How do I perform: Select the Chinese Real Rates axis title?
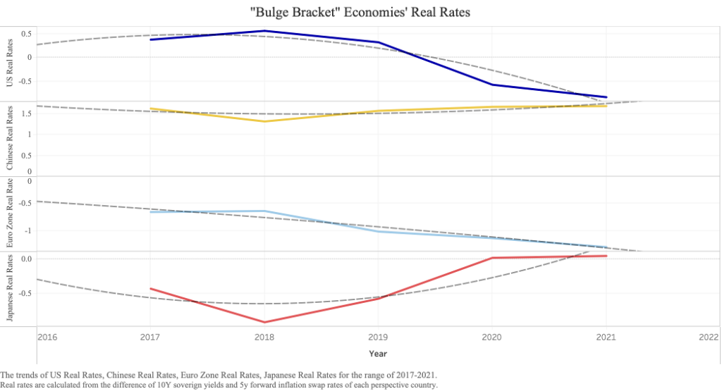click(x=10, y=137)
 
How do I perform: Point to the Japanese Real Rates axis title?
click(x=10, y=288)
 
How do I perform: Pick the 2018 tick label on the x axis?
click(x=264, y=337)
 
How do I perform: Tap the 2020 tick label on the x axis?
click(x=492, y=337)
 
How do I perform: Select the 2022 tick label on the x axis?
click(x=708, y=337)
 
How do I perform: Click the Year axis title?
click(x=378, y=353)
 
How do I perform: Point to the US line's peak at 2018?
click(x=264, y=31)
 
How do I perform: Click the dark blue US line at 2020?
click(x=492, y=85)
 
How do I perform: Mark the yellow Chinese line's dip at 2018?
click(x=264, y=121)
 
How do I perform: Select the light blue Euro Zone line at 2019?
click(x=379, y=231)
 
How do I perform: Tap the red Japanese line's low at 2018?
click(x=264, y=322)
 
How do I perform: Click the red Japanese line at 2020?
click(x=492, y=258)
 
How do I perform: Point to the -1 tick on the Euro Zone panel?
click(x=28, y=231)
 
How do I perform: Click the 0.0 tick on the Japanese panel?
click(x=26, y=259)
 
